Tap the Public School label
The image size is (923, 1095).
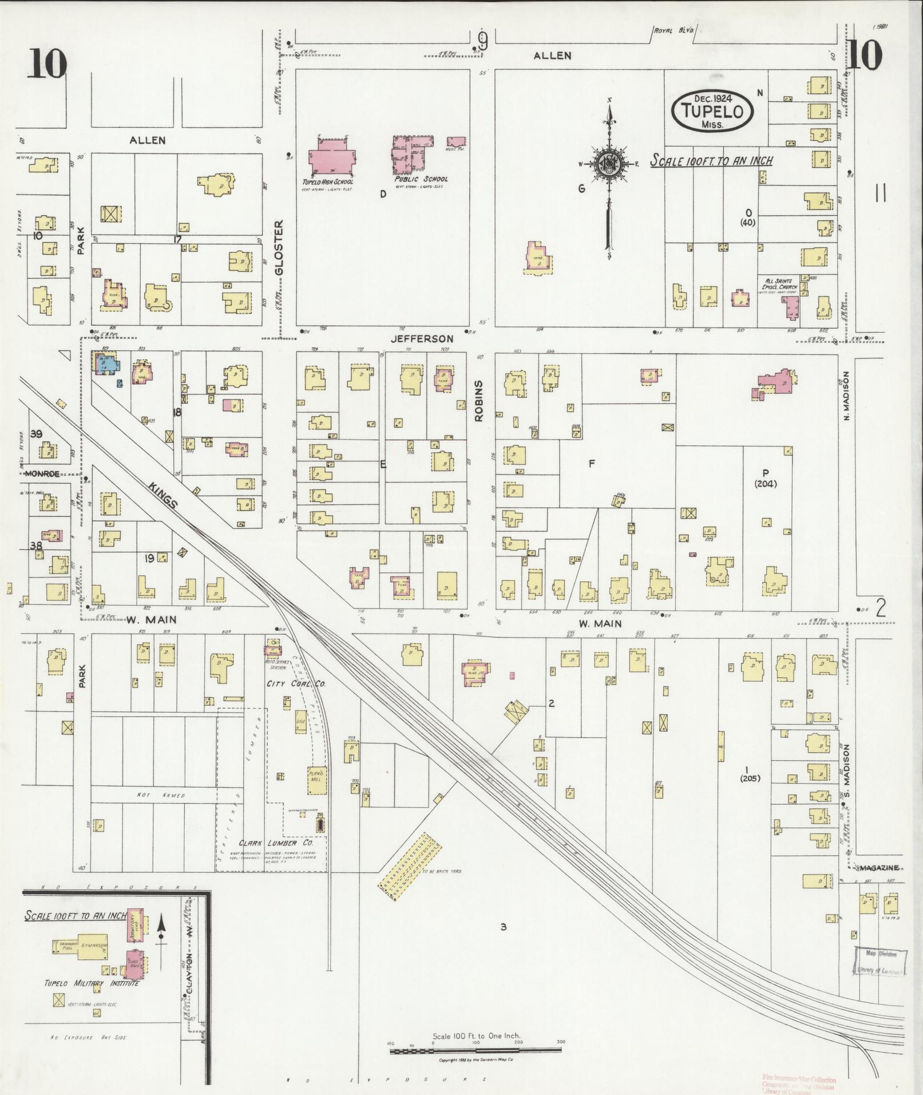click(x=421, y=179)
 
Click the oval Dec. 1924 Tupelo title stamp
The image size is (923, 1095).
click(x=712, y=110)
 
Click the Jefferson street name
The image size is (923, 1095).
click(x=422, y=339)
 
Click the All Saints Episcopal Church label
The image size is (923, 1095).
click(x=782, y=284)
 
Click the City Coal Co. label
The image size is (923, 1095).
click(x=295, y=683)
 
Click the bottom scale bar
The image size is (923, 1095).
click(x=475, y=1051)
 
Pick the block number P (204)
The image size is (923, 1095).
click(x=765, y=478)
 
